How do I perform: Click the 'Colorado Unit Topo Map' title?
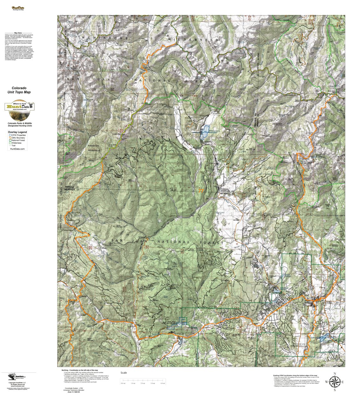[19, 90]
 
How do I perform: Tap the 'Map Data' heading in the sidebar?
[18, 33]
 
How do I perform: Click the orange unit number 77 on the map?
[201, 191]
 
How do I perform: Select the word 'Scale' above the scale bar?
[123, 373]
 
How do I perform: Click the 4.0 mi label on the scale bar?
[163, 383]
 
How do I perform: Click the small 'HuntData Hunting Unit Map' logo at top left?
[18, 8]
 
